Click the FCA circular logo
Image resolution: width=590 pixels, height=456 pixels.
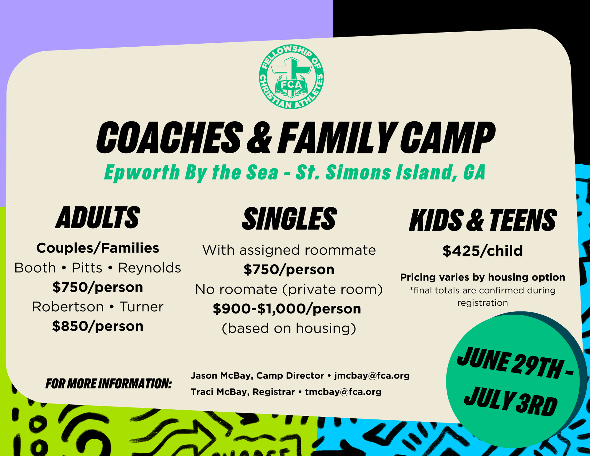pyautogui.click(x=291, y=77)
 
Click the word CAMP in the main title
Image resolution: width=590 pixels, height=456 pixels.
pyautogui.click(x=447, y=137)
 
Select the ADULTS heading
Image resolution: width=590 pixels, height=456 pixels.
pyautogui.click(x=98, y=218)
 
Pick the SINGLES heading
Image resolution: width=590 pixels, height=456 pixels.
pyautogui.click(x=289, y=218)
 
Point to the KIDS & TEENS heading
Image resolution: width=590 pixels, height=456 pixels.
pyautogui.click(x=483, y=220)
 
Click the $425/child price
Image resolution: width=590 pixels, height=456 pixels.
pyautogui.click(x=483, y=251)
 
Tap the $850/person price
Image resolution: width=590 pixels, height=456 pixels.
pyautogui.click(x=98, y=326)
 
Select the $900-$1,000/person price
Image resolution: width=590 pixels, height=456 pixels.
pyautogui.click(x=287, y=309)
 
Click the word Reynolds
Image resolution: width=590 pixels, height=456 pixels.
pyautogui.click(x=150, y=268)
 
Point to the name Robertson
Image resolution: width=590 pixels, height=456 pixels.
pyautogui.click(x=68, y=307)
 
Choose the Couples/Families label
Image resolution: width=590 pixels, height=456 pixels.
pyautogui.click(x=98, y=248)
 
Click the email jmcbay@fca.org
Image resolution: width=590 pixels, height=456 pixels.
pyautogui.click(x=372, y=375)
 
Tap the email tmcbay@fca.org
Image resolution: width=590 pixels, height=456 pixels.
pyautogui.click(x=343, y=392)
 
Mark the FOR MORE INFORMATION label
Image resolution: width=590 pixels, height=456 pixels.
pyautogui.click(x=108, y=383)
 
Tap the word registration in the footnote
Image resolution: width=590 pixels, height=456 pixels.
pyautogui.click(x=482, y=303)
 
